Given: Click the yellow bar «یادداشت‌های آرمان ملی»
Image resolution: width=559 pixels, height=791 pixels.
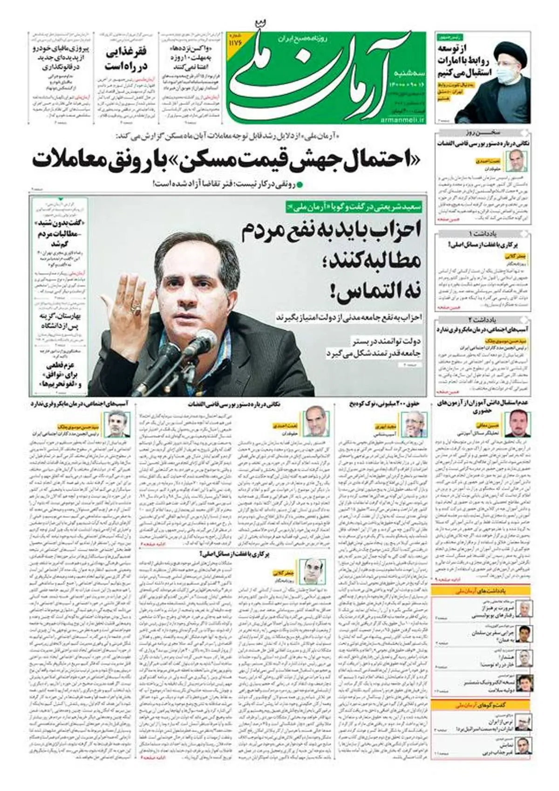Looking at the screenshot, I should coord(482,591).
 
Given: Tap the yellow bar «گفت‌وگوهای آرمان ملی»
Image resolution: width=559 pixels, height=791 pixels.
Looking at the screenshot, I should coord(482,705).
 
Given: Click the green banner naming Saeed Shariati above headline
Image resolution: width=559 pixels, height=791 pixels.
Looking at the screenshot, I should coord(354,204).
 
